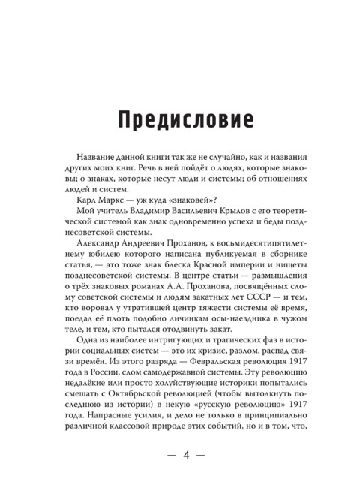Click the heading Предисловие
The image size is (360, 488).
[x=180, y=119]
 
